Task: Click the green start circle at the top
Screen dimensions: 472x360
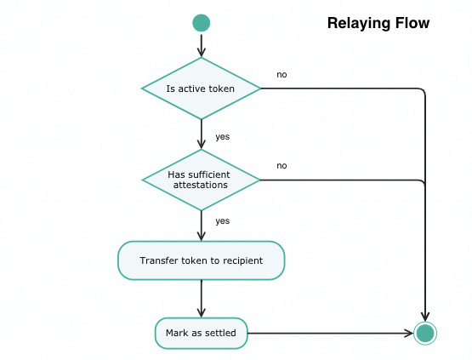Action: (x=202, y=23)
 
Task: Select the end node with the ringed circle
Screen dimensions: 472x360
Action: (x=425, y=333)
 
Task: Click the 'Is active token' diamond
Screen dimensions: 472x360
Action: (x=201, y=89)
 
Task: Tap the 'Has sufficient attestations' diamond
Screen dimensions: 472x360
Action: (x=201, y=180)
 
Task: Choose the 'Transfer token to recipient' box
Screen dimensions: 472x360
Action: (x=201, y=260)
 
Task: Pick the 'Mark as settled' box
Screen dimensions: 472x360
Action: (x=201, y=333)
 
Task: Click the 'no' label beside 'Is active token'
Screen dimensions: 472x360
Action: (x=281, y=75)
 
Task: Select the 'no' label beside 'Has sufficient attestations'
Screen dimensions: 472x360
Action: (x=281, y=166)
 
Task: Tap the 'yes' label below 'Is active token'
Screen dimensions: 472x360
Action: (x=223, y=137)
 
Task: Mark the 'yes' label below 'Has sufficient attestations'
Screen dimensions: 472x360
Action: (x=223, y=221)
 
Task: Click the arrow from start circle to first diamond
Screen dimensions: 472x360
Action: (x=202, y=46)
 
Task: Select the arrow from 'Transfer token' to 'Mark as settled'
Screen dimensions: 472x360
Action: (x=202, y=299)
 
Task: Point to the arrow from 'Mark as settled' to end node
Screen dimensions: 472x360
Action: (x=331, y=333)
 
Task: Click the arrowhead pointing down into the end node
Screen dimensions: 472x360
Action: (x=425, y=317)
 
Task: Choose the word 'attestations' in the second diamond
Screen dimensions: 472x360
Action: (x=201, y=185)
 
